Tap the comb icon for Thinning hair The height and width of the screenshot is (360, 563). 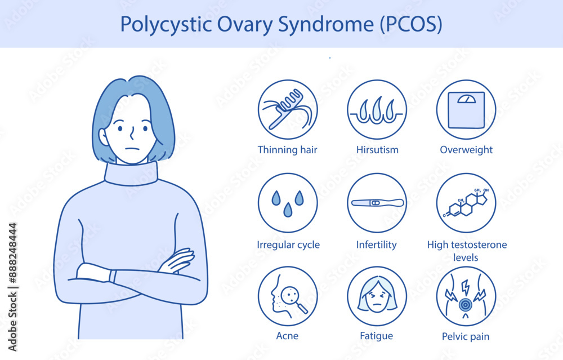287,109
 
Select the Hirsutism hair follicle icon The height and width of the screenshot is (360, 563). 377,109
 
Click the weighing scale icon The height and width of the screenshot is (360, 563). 466,109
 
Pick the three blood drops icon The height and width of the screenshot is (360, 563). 287,203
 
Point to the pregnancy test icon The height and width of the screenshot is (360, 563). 377,203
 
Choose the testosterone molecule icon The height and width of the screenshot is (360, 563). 466,203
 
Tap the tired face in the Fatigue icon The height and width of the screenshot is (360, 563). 377,297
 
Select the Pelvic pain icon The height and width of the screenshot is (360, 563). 466,296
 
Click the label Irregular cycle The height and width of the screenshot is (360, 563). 288,245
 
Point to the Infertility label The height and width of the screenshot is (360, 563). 377,245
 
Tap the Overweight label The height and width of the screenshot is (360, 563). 466,150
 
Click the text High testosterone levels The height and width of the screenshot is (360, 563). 467,251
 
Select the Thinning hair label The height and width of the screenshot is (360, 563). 287,150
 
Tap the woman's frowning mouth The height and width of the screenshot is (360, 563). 131,149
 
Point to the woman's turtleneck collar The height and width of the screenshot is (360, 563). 131,173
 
